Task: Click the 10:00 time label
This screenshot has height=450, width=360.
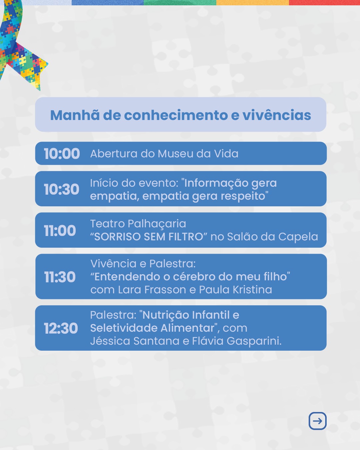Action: pyautogui.click(x=62, y=154)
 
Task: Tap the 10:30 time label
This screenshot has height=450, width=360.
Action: pyautogui.click(x=61, y=189)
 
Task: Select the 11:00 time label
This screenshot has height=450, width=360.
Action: pyautogui.click(x=60, y=231)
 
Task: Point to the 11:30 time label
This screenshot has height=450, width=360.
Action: pyautogui.click(x=60, y=277)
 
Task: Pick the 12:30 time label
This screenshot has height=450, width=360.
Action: pyautogui.click(x=61, y=328)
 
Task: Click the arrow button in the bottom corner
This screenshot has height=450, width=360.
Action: pyautogui.click(x=318, y=421)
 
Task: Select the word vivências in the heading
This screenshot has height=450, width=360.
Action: pyautogui.click(x=277, y=115)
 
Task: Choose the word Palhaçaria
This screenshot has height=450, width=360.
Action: pyautogui.click(x=157, y=224)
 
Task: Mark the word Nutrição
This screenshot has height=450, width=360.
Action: pyautogui.click(x=166, y=315)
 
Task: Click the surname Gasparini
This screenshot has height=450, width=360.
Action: pyautogui.click(x=254, y=341)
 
